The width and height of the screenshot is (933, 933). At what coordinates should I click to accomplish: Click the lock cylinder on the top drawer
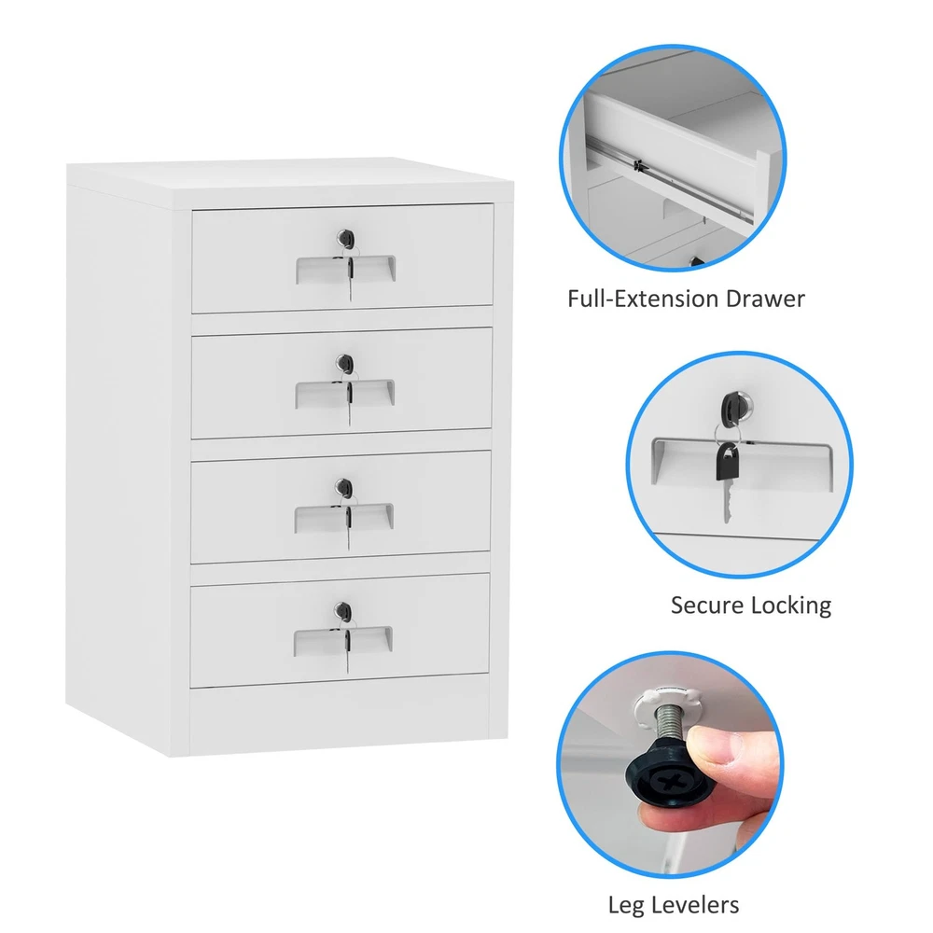point(345,239)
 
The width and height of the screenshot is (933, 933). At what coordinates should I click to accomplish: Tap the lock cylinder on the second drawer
point(344,363)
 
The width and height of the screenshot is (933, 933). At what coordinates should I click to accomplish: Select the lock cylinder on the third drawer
point(344,488)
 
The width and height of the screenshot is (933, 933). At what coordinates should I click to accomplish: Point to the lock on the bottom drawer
point(342,611)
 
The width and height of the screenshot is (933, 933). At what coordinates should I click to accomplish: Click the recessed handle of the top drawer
point(346,270)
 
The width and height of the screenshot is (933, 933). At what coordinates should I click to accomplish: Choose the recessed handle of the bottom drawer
point(342,642)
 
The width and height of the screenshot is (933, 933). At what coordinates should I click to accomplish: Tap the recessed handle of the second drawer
point(344,394)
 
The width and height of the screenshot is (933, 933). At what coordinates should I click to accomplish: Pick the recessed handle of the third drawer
point(344,518)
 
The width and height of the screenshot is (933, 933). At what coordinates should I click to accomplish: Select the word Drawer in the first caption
point(768,299)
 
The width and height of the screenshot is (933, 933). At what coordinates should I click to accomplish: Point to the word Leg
point(626,906)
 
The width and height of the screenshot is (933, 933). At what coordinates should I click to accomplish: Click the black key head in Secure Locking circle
point(727,463)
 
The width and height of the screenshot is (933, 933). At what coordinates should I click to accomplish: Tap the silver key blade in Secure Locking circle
point(727,502)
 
